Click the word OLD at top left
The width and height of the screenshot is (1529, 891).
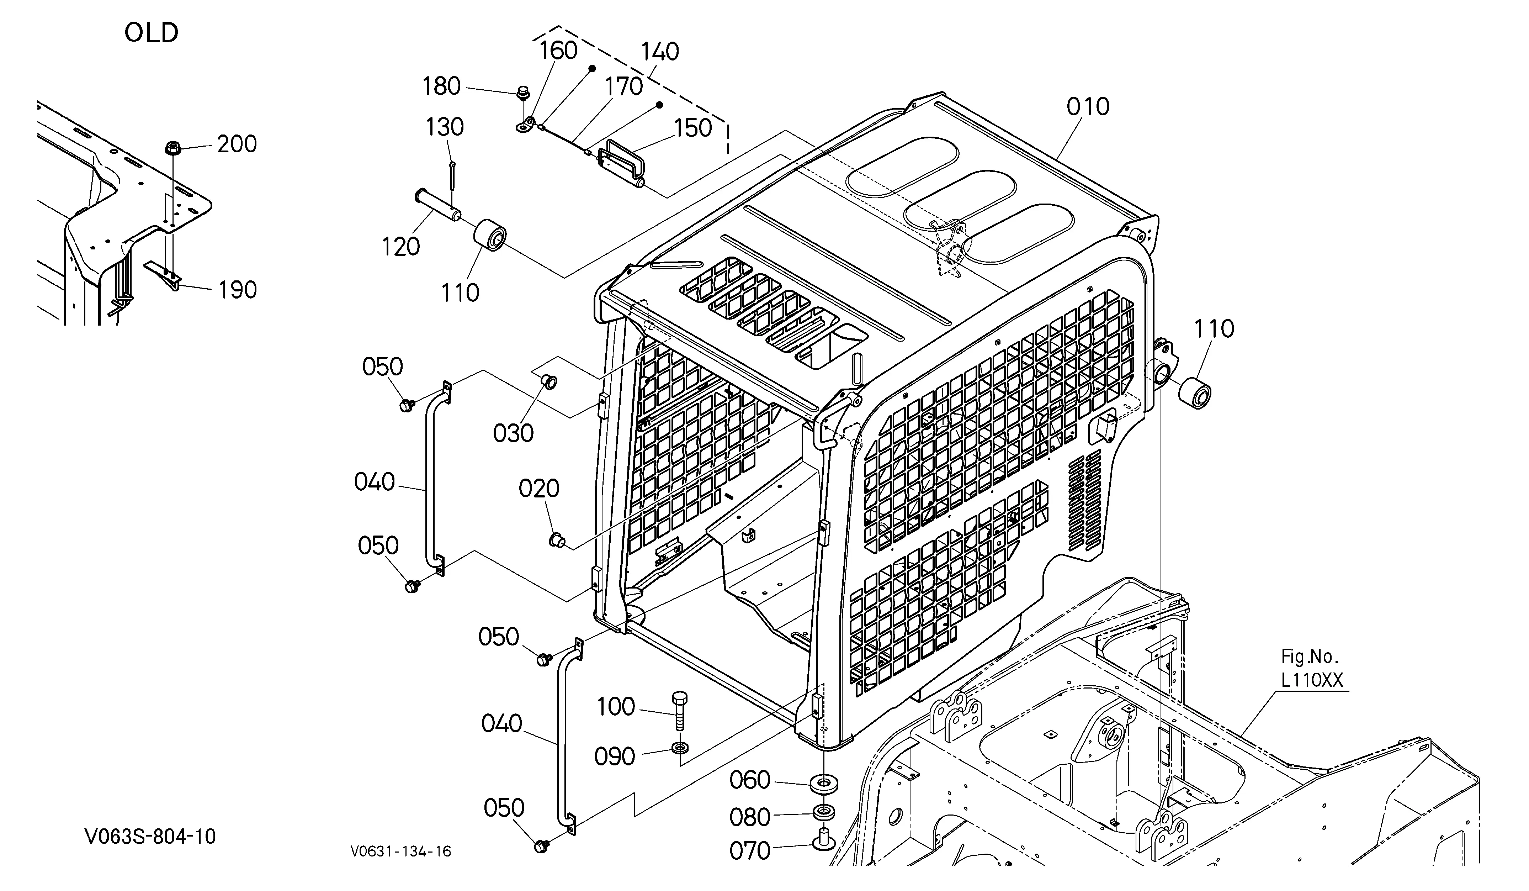click(x=151, y=33)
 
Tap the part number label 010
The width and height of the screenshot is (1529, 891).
click(x=1088, y=107)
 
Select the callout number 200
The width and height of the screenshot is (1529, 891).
click(x=237, y=144)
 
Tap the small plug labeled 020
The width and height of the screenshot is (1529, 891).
click(x=557, y=539)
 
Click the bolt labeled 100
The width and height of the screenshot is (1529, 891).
click(x=680, y=711)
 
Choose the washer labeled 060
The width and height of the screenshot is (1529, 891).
click(x=823, y=783)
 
